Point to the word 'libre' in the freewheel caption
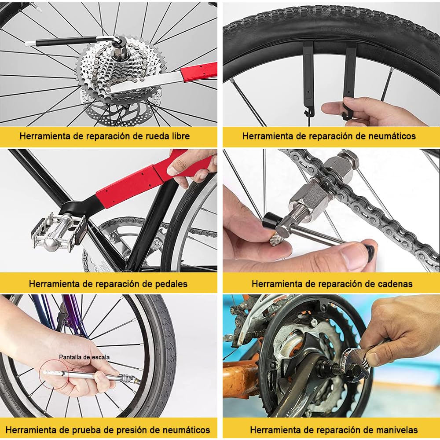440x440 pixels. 178,136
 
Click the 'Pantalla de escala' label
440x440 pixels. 84,357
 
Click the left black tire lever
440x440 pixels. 308,79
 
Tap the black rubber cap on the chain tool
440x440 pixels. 270,220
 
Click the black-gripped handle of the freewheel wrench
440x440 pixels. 66,41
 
